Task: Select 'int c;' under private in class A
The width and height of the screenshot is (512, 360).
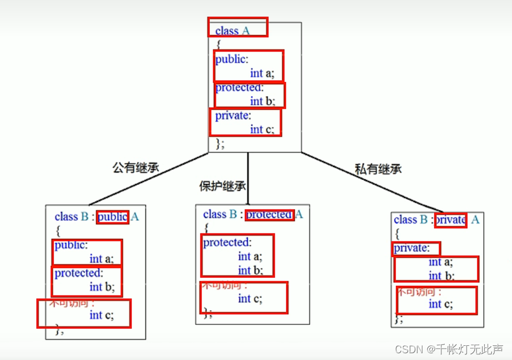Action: [x=263, y=129]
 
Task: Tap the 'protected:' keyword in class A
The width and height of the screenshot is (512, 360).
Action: [x=239, y=88]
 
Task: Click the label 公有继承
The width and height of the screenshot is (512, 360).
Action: [x=136, y=168]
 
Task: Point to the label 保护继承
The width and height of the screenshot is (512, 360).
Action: [x=222, y=186]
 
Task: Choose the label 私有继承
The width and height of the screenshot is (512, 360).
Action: [x=378, y=169]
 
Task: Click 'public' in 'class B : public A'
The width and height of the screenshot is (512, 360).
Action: [x=113, y=216]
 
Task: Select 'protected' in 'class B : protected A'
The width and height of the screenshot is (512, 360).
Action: [x=269, y=214]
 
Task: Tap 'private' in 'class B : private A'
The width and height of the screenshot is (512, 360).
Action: [x=450, y=220]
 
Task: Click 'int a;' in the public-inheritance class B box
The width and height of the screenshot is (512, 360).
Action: [x=102, y=259]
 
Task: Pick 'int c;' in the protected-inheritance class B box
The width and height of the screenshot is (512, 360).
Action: [x=250, y=298]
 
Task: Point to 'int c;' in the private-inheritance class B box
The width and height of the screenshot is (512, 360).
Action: [x=441, y=304]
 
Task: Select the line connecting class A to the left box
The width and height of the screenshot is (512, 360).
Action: [x=149, y=179]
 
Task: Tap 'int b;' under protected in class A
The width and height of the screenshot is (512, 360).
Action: [x=263, y=101]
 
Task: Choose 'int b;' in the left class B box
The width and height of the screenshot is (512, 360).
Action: [x=102, y=286]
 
